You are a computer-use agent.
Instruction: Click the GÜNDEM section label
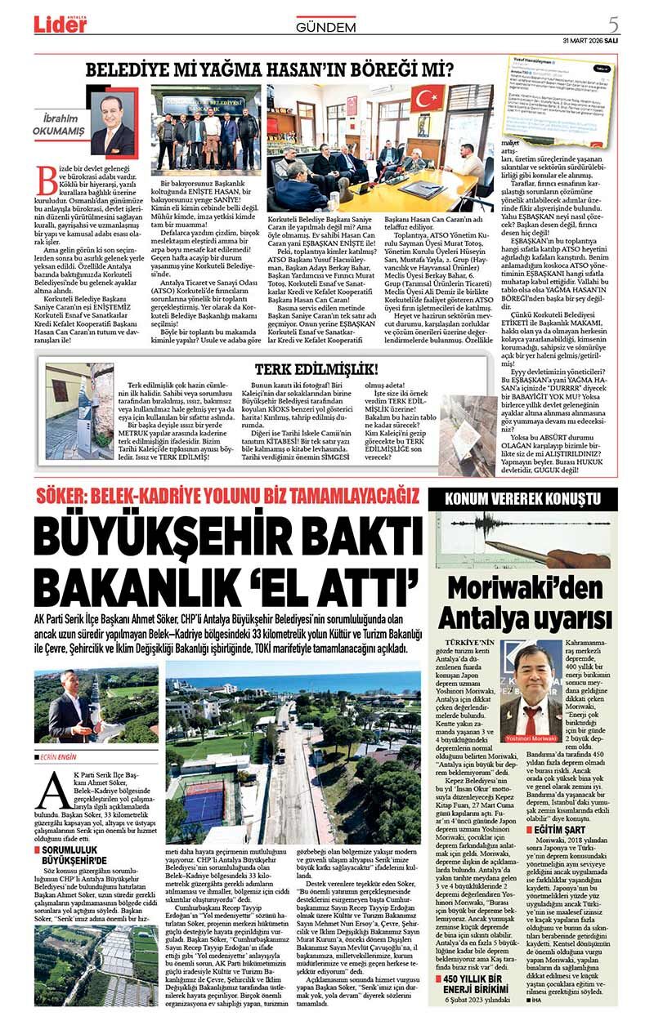pos(325,27)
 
